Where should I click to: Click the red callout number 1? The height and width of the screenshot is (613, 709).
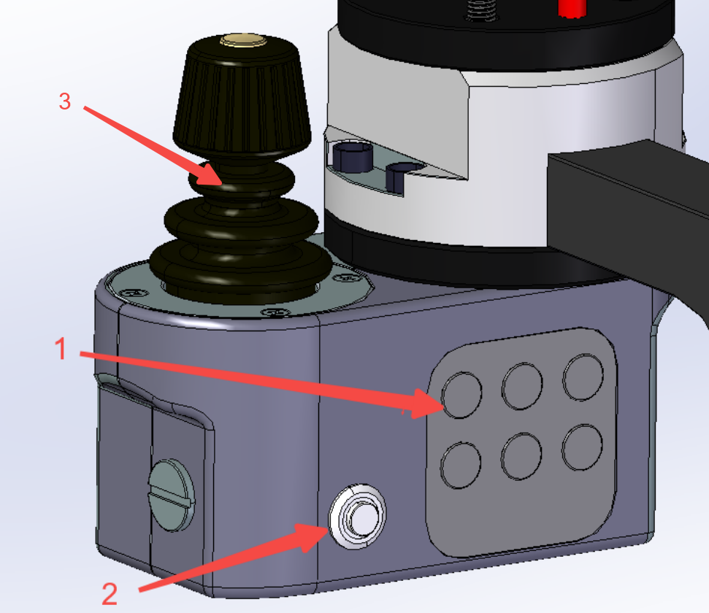tap(61, 349)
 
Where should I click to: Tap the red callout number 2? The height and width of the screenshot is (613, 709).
tap(110, 593)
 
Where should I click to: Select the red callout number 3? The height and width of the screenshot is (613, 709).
tap(65, 101)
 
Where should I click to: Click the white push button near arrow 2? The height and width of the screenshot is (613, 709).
tap(357, 516)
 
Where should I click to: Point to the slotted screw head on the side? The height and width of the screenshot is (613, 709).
tap(172, 495)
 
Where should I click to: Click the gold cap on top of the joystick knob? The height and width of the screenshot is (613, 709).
tap(243, 40)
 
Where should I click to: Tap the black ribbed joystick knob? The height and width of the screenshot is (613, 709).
tap(242, 94)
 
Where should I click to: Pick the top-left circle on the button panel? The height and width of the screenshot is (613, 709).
tap(461, 395)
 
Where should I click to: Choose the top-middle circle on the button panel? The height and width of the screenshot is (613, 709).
tap(522, 386)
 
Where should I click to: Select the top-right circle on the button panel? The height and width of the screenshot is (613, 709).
tap(583, 377)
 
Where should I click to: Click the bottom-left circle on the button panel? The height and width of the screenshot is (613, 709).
tap(460, 465)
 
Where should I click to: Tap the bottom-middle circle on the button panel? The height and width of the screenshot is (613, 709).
tap(521, 456)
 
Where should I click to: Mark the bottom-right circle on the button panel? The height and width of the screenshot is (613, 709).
tap(582, 447)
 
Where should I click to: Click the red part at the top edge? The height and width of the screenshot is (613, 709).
tap(572, 9)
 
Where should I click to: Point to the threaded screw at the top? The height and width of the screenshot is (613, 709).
tap(481, 10)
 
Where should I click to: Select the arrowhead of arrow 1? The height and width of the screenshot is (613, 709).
tap(427, 404)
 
